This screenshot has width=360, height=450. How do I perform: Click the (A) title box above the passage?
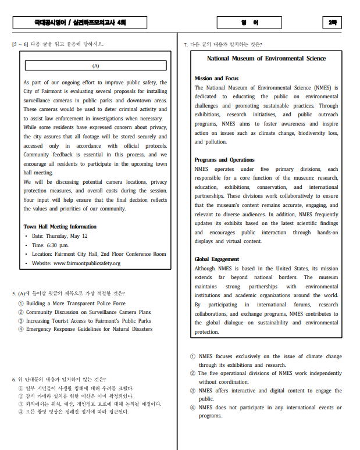(96, 66)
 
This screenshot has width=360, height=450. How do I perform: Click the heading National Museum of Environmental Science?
(266, 58)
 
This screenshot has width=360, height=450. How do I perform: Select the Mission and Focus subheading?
(216, 78)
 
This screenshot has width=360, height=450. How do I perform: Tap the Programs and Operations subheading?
(224, 159)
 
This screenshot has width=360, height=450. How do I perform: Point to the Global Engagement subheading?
(217, 259)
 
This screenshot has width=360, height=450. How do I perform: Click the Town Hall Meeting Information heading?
(60, 226)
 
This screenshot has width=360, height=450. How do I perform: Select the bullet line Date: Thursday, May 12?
(59, 235)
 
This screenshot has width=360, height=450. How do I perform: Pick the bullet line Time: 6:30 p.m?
(54, 245)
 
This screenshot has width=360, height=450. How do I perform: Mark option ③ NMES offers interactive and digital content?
(269, 390)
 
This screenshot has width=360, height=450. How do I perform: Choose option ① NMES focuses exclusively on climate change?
(270, 356)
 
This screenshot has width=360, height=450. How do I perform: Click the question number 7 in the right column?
(186, 44)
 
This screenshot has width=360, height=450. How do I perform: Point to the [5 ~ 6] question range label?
(20, 44)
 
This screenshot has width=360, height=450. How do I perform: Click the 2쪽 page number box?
(332, 23)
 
